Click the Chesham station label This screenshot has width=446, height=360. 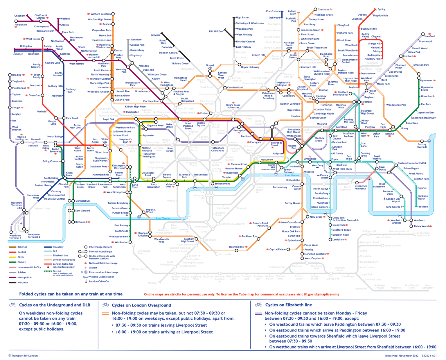(x=20, y=16)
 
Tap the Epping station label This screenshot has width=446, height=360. (x=381, y=9)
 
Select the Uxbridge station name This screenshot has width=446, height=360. (x=18, y=54)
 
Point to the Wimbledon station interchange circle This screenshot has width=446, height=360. (x=130, y=242)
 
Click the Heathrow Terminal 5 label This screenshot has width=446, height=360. (x=15, y=237)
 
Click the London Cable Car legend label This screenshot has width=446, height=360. (x=99, y=281)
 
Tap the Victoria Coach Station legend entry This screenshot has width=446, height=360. (x=102, y=277)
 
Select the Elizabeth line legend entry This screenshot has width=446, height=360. (x=60, y=255)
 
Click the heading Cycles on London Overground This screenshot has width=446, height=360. (x=141, y=305)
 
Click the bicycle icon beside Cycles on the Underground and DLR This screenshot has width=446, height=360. (x=13, y=305)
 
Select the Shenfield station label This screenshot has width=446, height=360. (x=429, y=36)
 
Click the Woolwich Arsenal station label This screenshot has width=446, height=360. (x=396, y=221)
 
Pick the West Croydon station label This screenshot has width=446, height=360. (x=313, y=258)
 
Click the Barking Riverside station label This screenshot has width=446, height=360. (x=422, y=146)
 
